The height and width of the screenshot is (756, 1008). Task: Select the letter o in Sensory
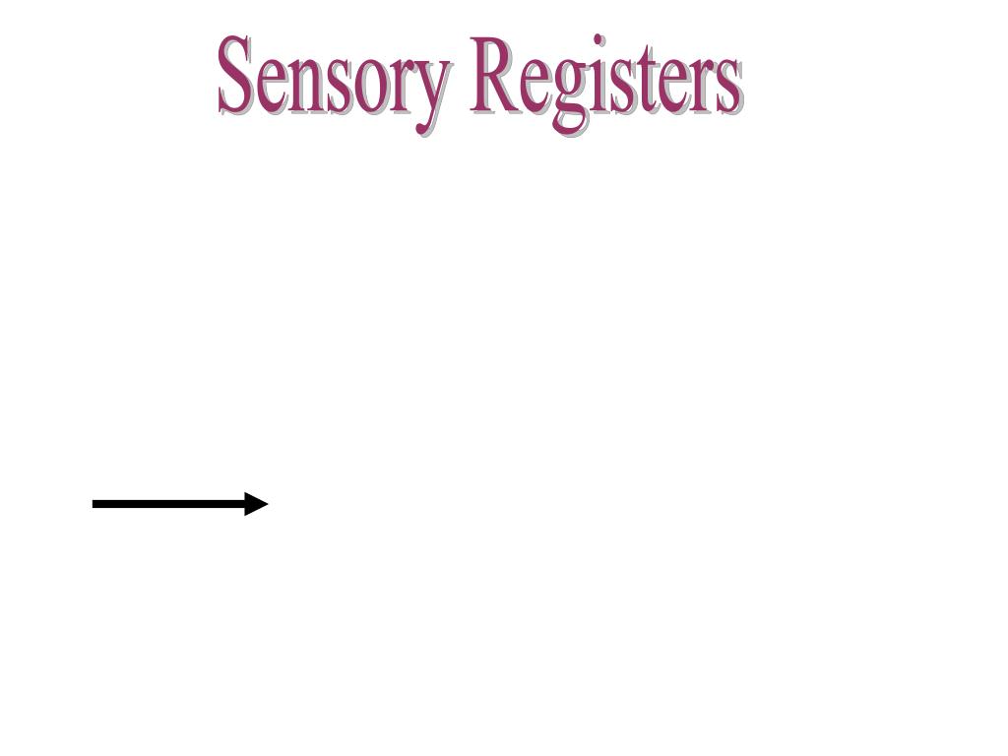coord(368,86)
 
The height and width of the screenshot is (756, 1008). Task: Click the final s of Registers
coord(726,87)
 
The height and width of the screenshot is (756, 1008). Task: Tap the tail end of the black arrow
coord(96,504)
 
